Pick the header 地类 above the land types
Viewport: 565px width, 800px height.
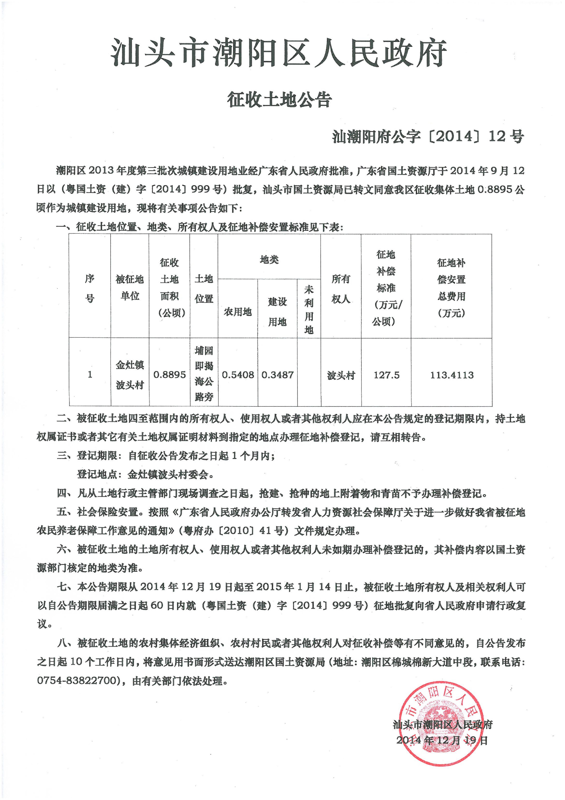pyautogui.click(x=269, y=260)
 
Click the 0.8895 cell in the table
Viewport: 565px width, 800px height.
pyautogui.click(x=169, y=375)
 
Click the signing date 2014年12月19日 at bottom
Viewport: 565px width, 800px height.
pyautogui.click(x=442, y=740)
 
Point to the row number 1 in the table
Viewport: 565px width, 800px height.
pyautogui.click(x=90, y=375)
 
